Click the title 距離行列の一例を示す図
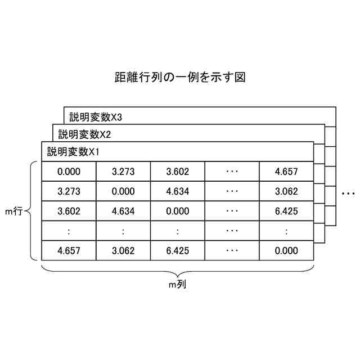point(180,77)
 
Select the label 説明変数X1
point(74,151)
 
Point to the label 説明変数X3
point(96,117)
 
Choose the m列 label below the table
point(178,285)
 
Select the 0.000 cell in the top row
point(69,172)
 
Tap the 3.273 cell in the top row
point(123,172)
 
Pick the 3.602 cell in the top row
point(177,172)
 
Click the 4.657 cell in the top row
point(286,172)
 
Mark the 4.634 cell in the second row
point(177,191)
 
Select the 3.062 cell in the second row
point(286,191)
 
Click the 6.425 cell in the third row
point(286,211)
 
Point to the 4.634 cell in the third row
point(123,211)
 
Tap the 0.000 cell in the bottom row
point(286,250)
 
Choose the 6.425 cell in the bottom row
point(177,250)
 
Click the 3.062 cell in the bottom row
point(123,250)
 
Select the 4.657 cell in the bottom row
point(69,250)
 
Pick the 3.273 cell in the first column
point(69,191)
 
